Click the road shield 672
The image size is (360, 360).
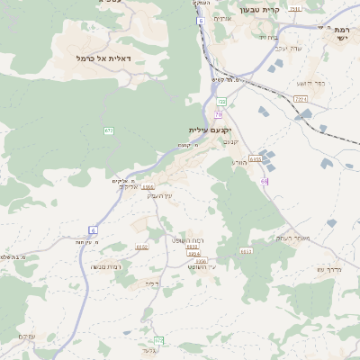coord(109,130)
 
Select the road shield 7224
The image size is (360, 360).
coord(301,98)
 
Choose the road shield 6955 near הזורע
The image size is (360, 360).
coord(255,158)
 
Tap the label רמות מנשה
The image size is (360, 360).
coord(106,266)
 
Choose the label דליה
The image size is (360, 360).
coord(152,283)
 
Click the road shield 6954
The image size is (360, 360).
coord(193,254)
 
